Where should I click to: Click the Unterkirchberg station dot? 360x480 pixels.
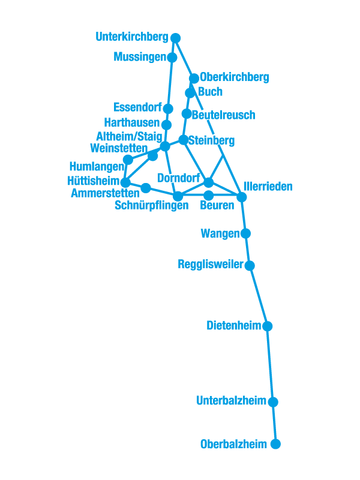click(175, 38)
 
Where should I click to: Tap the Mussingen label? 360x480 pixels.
click(139, 58)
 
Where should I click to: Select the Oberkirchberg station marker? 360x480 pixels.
click(194, 79)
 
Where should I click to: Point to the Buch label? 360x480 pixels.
click(210, 92)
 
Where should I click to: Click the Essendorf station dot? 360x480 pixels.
click(168, 109)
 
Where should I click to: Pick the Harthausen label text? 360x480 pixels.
click(136, 123)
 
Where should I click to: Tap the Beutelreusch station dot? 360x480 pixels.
click(187, 113)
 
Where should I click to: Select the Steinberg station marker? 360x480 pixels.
click(183, 140)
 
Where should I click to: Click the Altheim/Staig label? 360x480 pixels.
click(129, 137)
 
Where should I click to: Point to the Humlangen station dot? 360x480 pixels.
click(128, 160)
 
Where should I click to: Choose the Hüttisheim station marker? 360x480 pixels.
click(125, 182)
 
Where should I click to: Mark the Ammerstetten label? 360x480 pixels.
click(105, 193)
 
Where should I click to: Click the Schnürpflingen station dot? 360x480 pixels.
click(178, 196)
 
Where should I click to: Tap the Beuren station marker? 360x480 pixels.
click(208, 196)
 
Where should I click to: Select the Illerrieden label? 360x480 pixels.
click(268, 187)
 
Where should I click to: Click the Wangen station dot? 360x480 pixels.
click(245, 233)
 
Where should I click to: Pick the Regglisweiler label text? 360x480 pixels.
click(211, 265)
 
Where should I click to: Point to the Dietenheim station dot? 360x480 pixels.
click(267, 326)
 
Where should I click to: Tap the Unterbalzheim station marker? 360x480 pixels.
click(273, 402)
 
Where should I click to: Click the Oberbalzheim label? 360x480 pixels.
click(234, 445)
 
